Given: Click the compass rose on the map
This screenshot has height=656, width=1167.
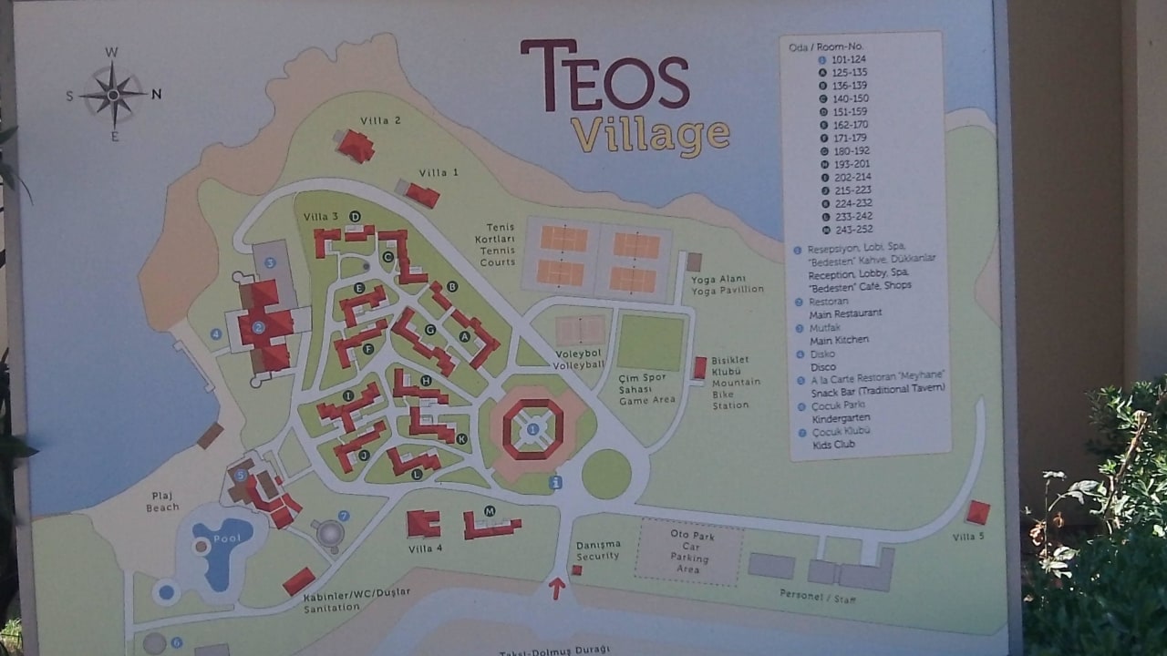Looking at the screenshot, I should coord(113,93).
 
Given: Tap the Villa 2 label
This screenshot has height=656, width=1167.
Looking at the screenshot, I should coord(380,120).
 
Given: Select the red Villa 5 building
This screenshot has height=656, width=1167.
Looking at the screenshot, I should coord(977,512).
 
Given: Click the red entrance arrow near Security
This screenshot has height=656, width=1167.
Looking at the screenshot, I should coord(556,588).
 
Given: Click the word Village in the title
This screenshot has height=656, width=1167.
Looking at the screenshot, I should coord(650,135).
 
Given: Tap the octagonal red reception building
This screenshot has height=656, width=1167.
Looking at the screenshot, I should coord(532,428).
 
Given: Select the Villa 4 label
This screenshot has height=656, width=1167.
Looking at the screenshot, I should coord(426,548).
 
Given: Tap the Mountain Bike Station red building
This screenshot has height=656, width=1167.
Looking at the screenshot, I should coord(699,367).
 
